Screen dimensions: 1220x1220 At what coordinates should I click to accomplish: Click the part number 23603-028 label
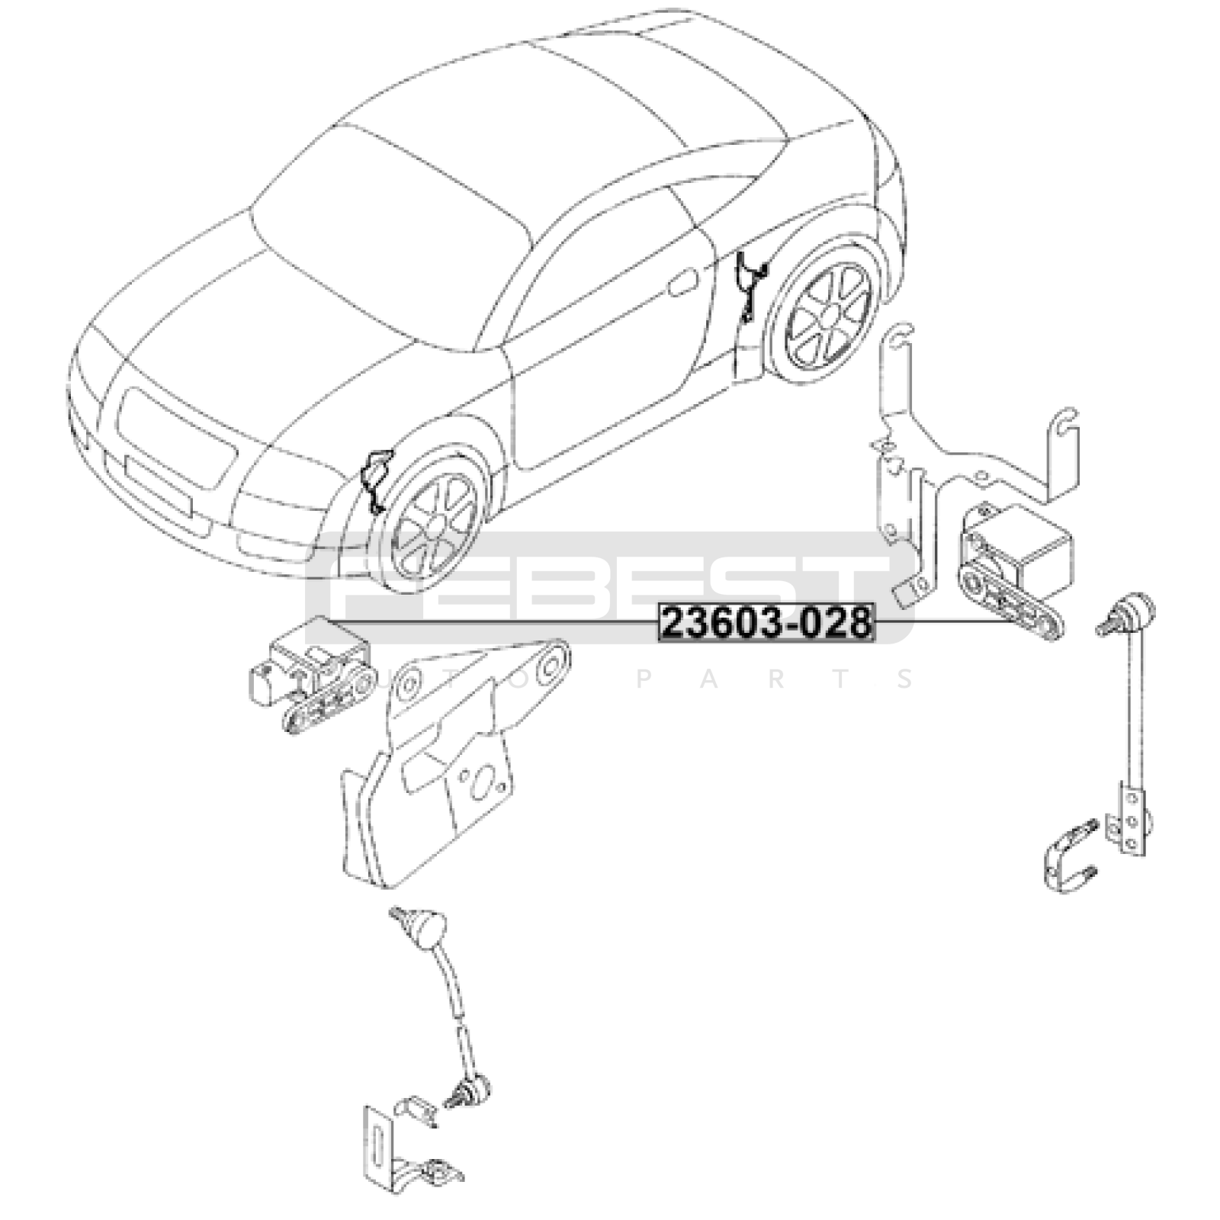coord(766,623)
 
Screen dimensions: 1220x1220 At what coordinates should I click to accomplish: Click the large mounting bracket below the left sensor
coord(450,762)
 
